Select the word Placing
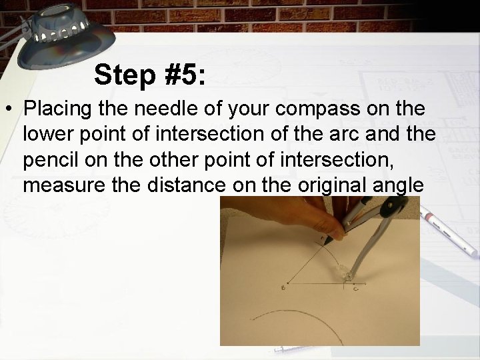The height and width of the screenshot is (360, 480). tap(59, 109)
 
